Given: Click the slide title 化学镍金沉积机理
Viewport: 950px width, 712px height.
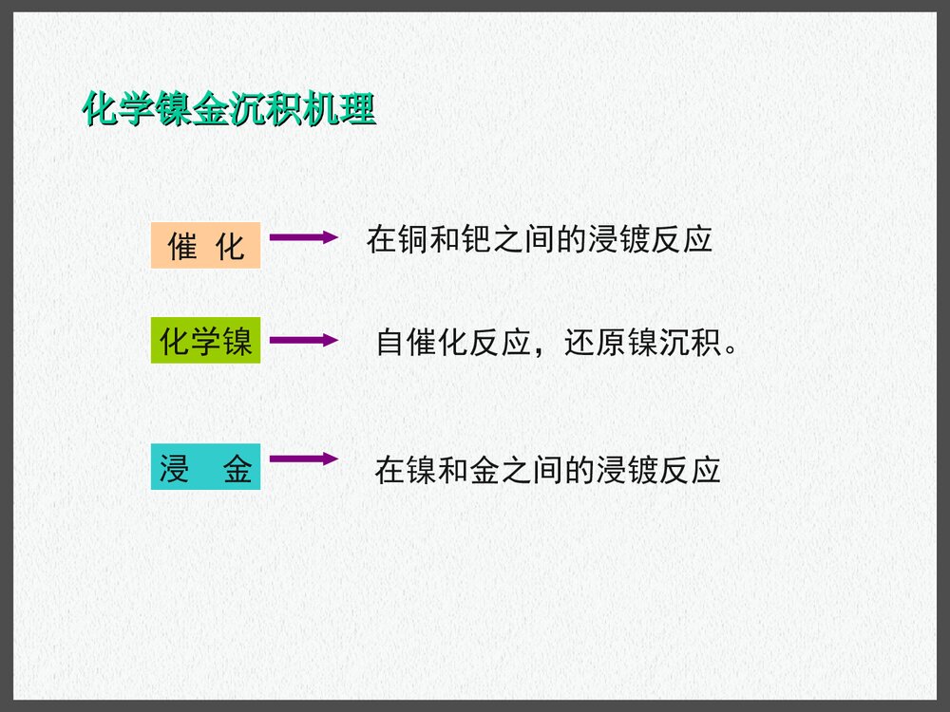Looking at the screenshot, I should tap(229, 110).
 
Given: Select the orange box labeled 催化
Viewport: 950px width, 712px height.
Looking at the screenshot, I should tap(205, 246).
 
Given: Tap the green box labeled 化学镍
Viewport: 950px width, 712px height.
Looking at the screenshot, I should tap(205, 342).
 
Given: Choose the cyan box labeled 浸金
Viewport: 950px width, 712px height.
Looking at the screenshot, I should tap(205, 469).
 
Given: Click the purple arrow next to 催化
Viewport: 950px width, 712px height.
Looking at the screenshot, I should tap(303, 237).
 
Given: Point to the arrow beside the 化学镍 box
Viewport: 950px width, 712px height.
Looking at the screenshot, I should tap(303, 340).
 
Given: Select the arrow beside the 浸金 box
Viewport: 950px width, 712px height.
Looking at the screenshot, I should tap(303, 459).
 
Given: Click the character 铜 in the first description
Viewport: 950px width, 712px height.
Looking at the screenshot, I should tap(413, 240).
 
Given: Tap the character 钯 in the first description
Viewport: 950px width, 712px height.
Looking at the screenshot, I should tap(476, 240).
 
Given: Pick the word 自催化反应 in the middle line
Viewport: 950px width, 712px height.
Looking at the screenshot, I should tap(453, 343).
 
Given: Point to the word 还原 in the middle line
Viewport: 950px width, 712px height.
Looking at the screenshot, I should tap(595, 343).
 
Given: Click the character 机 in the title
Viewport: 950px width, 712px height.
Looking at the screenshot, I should tap(322, 110).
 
